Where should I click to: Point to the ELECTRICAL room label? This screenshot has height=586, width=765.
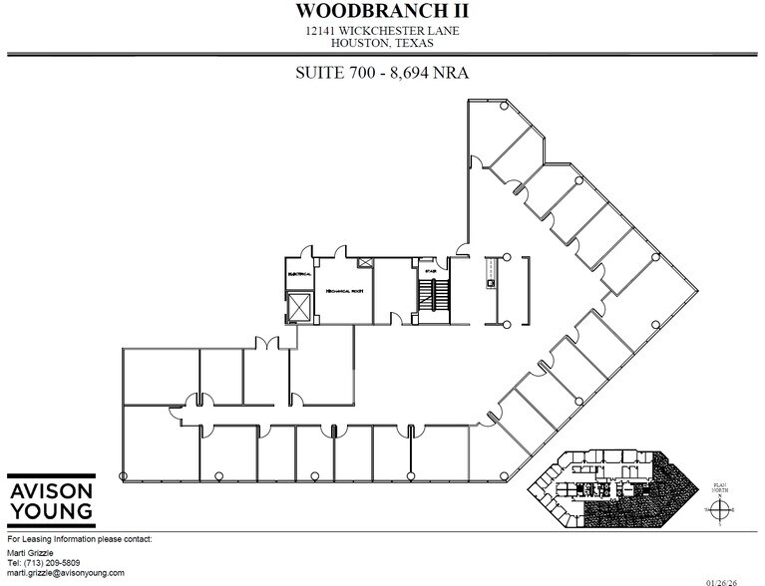click(300, 272)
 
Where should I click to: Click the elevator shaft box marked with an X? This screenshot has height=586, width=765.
click(299, 305)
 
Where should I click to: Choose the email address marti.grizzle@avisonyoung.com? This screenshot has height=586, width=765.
click(66, 573)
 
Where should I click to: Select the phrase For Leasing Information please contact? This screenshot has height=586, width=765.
click(79, 539)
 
